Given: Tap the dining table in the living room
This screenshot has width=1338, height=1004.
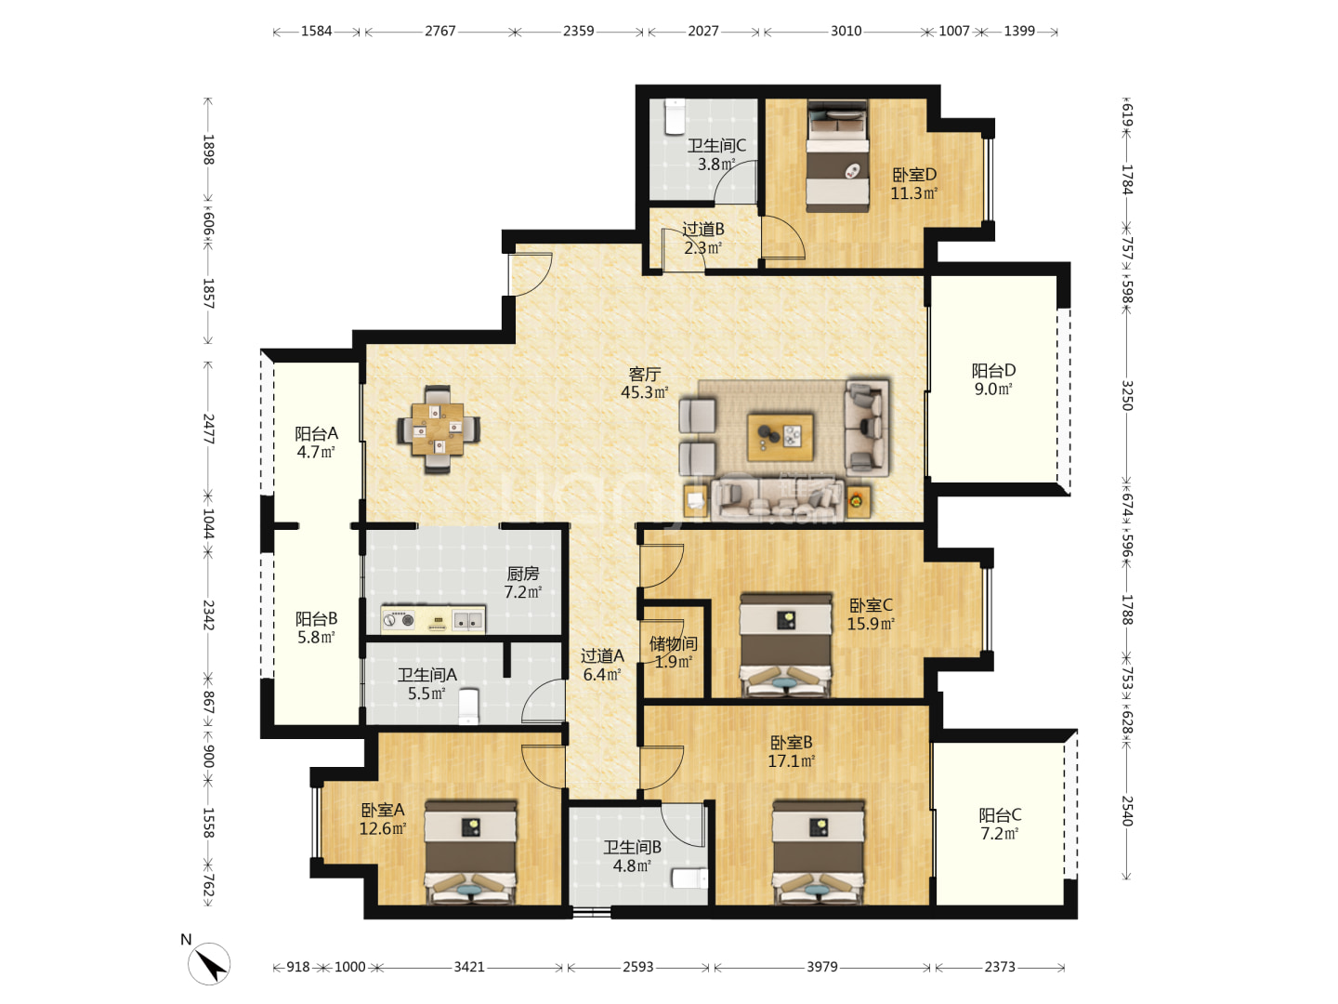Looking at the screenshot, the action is (x=438, y=429).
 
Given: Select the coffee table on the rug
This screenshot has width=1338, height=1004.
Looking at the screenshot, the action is (x=780, y=438).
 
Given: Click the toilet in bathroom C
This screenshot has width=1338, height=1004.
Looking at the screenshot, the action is (x=675, y=116).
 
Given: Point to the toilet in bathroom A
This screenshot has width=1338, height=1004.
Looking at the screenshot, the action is (x=468, y=707).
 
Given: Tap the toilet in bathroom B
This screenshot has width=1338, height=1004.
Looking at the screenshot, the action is (x=689, y=878).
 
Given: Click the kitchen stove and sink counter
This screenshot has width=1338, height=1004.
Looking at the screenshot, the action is (x=433, y=620).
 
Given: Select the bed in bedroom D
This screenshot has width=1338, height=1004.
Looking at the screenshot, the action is (x=837, y=156).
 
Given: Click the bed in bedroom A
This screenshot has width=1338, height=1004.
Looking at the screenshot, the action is (x=470, y=852).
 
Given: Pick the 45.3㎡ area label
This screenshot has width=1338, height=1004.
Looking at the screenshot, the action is (x=644, y=392).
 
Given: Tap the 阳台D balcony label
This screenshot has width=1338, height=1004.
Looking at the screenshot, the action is (x=993, y=370).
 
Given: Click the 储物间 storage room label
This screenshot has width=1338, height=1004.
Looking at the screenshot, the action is (x=673, y=643).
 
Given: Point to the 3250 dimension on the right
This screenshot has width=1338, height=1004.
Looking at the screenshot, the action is (x=1126, y=395).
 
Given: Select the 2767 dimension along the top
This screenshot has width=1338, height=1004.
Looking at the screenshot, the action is (x=440, y=31).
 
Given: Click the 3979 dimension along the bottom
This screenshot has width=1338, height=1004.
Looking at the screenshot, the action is (x=821, y=967).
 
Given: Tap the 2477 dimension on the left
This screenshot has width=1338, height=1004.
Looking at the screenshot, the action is (x=208, y=429).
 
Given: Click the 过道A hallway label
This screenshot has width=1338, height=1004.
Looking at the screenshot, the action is (x=602, y=656).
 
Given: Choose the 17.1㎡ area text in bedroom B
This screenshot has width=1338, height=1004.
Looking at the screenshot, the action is (x=792, y=760).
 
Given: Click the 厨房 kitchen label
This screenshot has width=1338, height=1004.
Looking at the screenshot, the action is (x=523, y=573).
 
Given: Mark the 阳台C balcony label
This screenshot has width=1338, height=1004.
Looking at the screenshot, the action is (x=1000, y=814).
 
